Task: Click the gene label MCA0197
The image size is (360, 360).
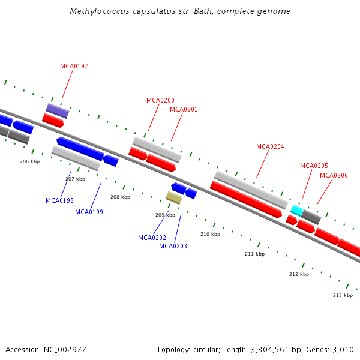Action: pyautogui.click(x=74, y=66)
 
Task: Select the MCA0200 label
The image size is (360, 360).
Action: pyautogui.click(x=160, y=100)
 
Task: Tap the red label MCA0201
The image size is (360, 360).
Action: pyautogui.click(x=184, y=109)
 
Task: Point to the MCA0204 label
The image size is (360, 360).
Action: pyautogui.click(x=270, y=146)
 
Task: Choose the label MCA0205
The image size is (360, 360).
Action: pyautogui.click(x=314, y=166)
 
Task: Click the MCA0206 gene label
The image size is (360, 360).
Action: pyautogui.click(x=334, y=175)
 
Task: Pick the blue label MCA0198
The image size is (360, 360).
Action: pyautogui.click(x=59, y=200)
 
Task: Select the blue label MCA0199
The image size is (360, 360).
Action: pyautogui.click(x=89, y=212)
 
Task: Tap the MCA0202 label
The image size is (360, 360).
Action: pyautogui.click(x=152, y=238)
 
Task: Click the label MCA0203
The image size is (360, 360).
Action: pyautogui.click(x=173, y=246)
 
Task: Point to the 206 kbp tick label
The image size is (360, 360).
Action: pyautogui.click(x=29, y=161)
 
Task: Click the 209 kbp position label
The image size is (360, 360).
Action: pyautogui.click(x=165, y=215)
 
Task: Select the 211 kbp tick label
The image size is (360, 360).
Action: pyautogui.click(x=254, y=254)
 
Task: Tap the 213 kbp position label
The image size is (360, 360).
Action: pyautogui.click(x=343, y=295)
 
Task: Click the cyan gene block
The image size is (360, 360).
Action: pyautogui.click(x=296, y=210)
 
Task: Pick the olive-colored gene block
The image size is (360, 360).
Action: pyautogui.click(x=174, y=197)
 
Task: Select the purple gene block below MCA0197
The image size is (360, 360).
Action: pyautogui.click(x=58, y=110)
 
